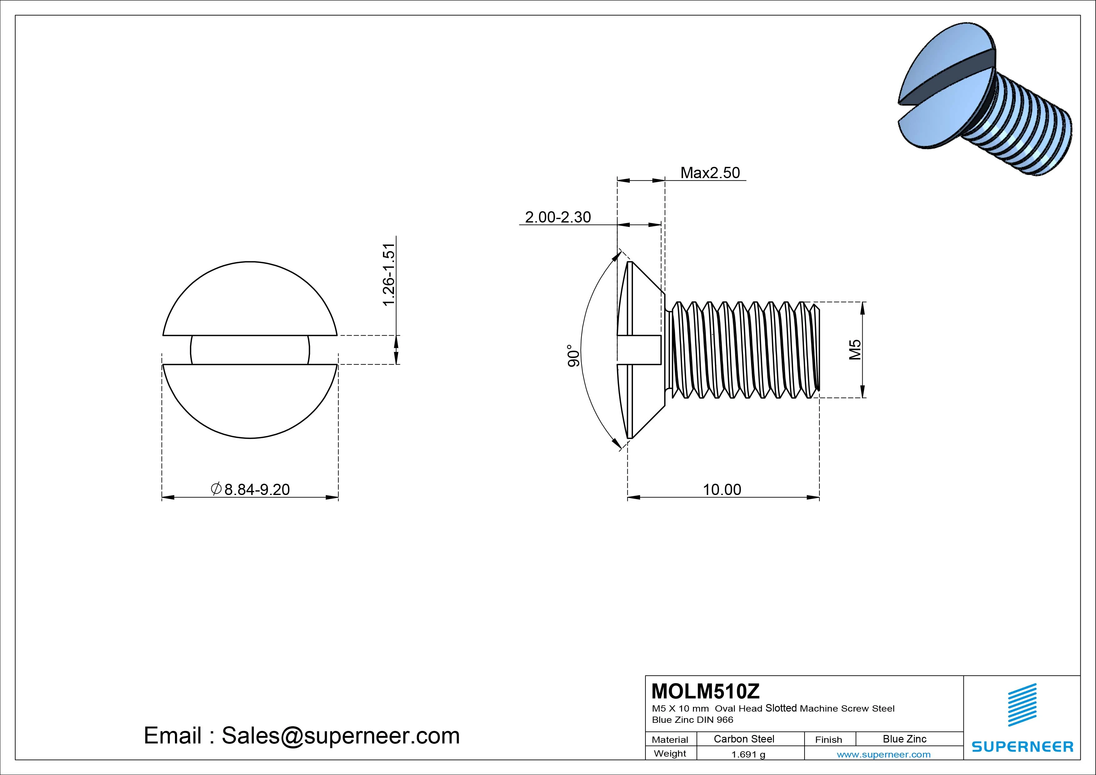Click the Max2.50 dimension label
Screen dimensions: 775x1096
point(710,172)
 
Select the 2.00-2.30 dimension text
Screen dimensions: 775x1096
point(558,217)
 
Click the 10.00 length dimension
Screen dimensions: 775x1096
point(722,489)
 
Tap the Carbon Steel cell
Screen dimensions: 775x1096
point(744,739)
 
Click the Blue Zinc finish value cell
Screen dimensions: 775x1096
point(904,739)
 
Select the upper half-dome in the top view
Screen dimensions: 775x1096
point(250,301)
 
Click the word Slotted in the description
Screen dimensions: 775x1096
point(781,708)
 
